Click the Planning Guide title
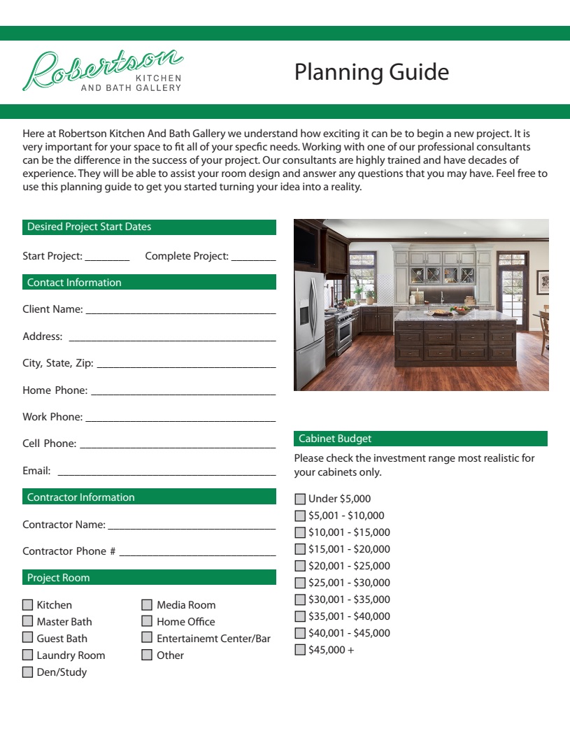pyautogui.click(x=371, y=72)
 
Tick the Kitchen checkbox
pyautogui.click(x=28, y=605)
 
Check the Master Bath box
pyautogui.click(x=28, y=622)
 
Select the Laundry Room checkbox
pyautogui.click(x=28, y=655)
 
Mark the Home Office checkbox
pyautogui.click(x=147, y=622)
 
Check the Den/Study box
pyautogui.click(x=28, y=672)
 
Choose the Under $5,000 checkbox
pyautogui.click(x=300, y=499)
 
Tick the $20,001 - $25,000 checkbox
pyautogui.click(x=300, y=567)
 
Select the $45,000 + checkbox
pyautogui.click(x=300, y=651)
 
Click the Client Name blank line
pyautogui.click(x=180, y=311)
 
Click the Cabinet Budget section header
pyautogui.click(x=420, y=439)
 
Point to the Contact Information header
pyautogui.click(x=149, y=283)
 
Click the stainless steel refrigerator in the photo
pyautogui.click(x=308, y=327)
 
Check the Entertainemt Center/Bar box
pyautogui.click(x=147, y=639)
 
